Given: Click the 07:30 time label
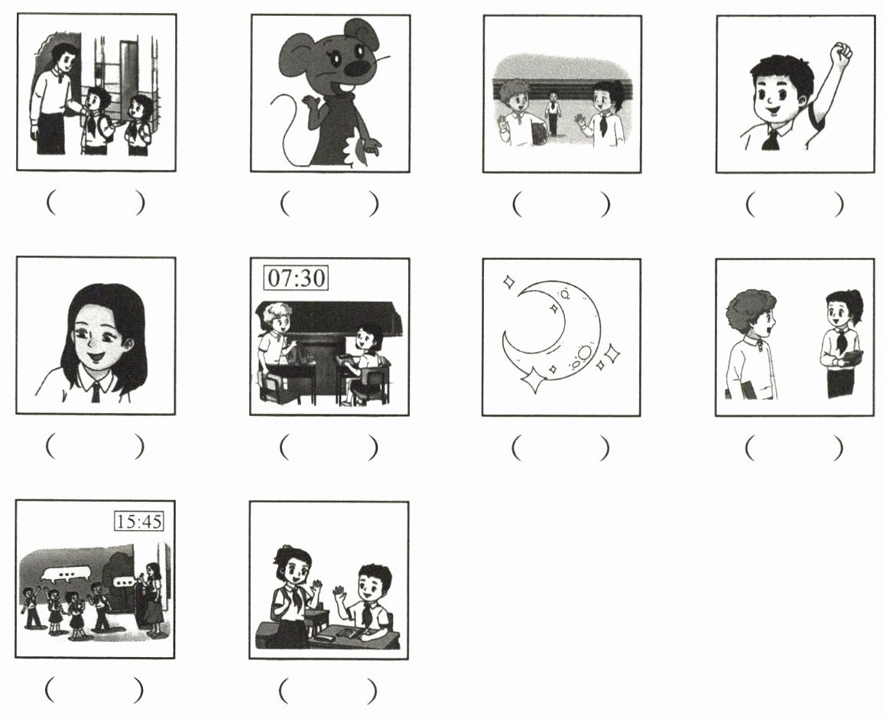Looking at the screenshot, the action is (x=296, y=278).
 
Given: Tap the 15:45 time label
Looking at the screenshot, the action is (x=139, y=521).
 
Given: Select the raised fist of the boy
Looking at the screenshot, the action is (x=842, y=53).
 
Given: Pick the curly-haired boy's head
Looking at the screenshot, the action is (x=751, y=314).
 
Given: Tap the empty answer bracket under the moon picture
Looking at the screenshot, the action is (x=561, y=448).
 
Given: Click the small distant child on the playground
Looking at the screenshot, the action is (x=553, y=112).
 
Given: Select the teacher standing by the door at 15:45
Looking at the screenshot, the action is (x=153, y=598).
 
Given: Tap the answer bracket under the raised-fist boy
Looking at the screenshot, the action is (x=794, y=204).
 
